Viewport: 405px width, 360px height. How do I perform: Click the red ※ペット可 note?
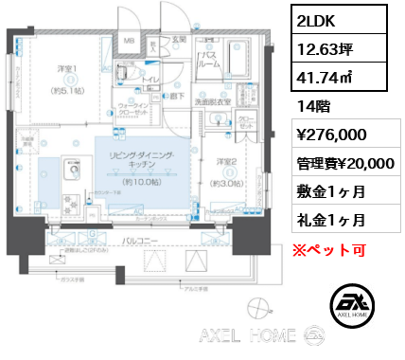(x=334, y=250)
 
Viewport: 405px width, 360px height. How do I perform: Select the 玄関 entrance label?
(x=178, y=39)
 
